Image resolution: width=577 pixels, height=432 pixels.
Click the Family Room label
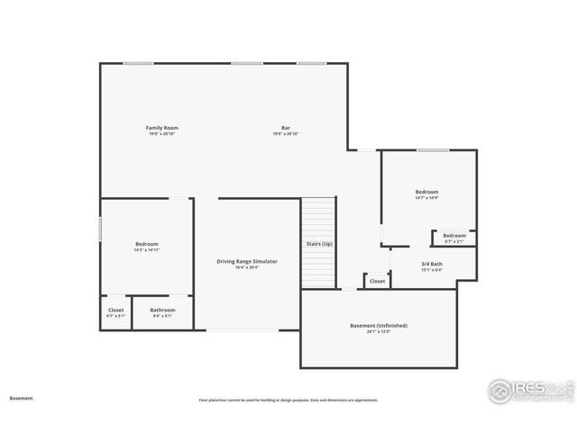pyautogui.click(x=162, y=128)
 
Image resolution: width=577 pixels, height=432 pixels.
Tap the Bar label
pyautogui.click(x=286, y=128)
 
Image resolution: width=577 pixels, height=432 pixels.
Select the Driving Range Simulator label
pyautogui.click(x=247, y=261)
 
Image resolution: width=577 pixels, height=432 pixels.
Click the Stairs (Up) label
pyautogui.click(x=319, y=244)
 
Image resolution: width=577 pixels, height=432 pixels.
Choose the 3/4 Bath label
pyautogui.click(x=433, y=264)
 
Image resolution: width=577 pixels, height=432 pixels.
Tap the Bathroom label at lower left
pyautogui.click(x=163, y=310)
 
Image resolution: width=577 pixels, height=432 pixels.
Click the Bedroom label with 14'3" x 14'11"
pyautogui.click(x=147, y=244)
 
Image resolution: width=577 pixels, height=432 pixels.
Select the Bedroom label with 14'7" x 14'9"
pyautogui.click(x=426, y=192)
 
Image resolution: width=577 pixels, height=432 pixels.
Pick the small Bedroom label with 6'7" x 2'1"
pyautogui.click(x=454, y=235)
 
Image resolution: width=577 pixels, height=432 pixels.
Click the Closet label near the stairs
pyautogui.click(x=377, y=281)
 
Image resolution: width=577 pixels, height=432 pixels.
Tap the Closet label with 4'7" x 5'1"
pyautogui.click(x=116, y=310)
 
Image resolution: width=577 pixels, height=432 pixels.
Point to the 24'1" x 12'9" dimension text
pyautogui.click(x=379, y=331)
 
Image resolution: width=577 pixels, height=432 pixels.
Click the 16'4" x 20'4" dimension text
pyautogui.click(x=247, y=267)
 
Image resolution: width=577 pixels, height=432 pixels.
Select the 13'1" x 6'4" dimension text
pyautogui.click(x=433, y=270)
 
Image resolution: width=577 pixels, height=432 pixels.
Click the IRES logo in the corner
pyautogui.click(x=529, y=390)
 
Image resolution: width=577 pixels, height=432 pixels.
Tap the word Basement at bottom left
pyautogui.click(x=22, y=397)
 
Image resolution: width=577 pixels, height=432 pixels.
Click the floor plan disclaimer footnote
pyautogui.click(x=288, y=400)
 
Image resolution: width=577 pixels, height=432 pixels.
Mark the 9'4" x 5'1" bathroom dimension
pyautogui.click(x=163, y=316)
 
